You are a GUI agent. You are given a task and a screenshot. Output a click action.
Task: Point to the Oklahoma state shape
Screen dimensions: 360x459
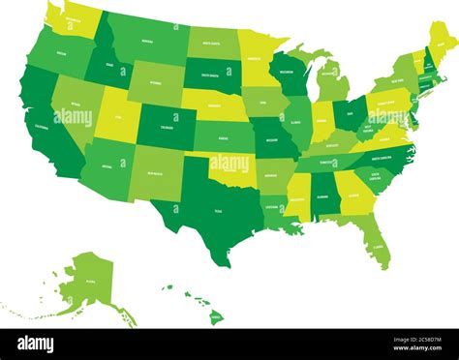232,166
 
